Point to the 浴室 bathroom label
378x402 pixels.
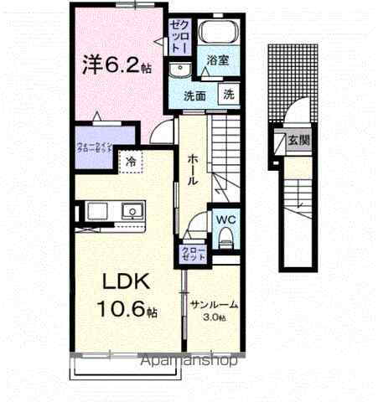click(218, 61)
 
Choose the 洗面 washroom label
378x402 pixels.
click(195, 95)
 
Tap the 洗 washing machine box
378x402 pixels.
click(229, 95)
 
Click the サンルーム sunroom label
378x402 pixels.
click(214, 305)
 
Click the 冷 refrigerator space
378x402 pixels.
click(132, 161)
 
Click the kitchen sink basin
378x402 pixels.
click(93, 210)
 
